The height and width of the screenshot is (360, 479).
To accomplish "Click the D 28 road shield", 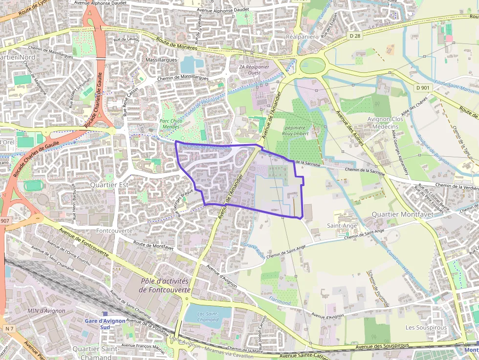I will tap(355, 36).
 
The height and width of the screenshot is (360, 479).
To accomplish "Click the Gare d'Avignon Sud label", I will tap(105, 324).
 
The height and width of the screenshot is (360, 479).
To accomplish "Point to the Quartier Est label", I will tap(109, 185).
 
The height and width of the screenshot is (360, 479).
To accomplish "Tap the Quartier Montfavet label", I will tap(402, 214).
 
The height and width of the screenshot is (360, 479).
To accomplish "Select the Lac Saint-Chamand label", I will tap(208, 317).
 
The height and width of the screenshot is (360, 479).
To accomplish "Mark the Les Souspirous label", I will tap(426, 327).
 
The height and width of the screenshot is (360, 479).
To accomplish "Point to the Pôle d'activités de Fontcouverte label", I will tap(164, 285).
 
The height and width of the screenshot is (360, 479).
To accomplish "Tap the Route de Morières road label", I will tap(176, 44).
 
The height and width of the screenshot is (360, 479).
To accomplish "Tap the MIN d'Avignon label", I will tap(46, 311).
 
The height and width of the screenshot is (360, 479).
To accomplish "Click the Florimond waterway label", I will tap(280, 299).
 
